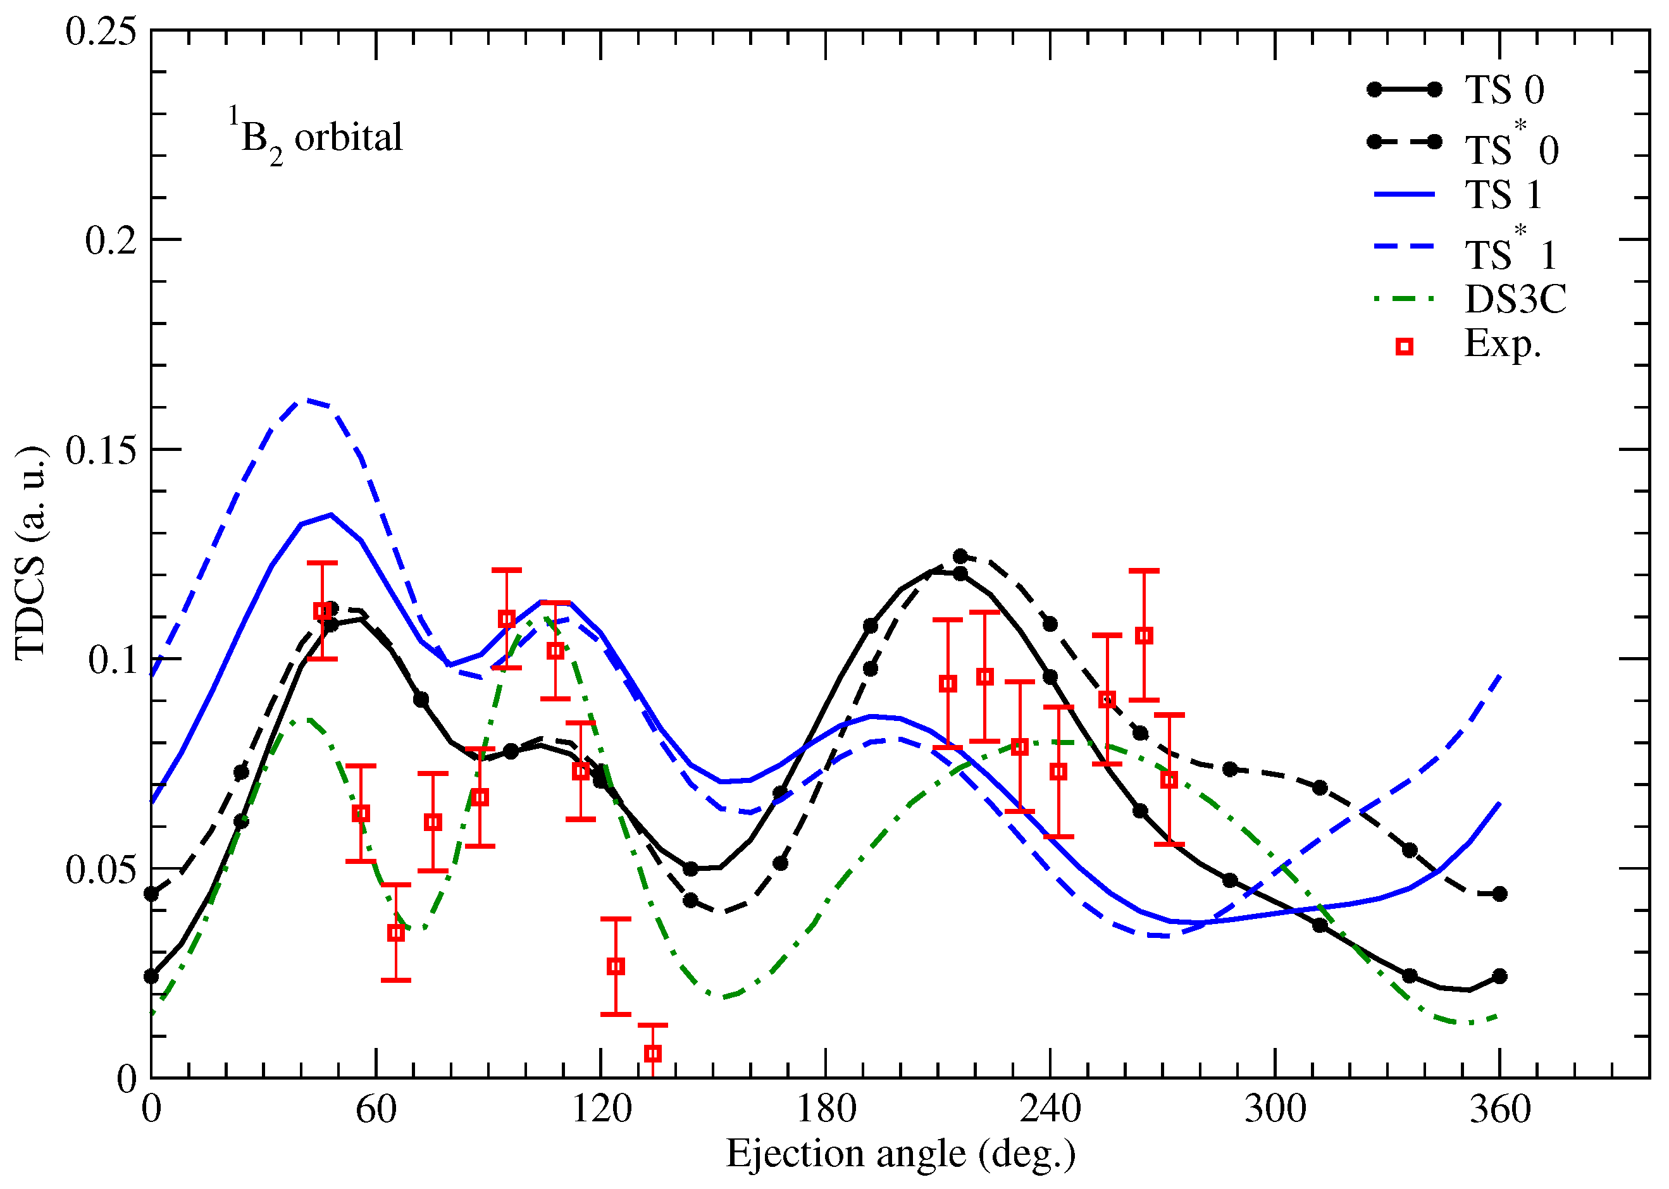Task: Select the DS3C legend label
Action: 1515,299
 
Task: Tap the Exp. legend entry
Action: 1502,344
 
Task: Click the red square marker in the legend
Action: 1403,347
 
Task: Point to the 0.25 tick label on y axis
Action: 101,32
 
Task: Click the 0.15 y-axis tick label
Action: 101,450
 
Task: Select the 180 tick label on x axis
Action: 826,1109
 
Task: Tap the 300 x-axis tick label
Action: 1275,1109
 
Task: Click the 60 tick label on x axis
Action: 376,1109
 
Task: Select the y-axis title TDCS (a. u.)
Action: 31,553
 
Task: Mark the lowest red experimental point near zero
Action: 652,1054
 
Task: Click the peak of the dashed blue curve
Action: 306,400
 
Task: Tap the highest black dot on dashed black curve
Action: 960,557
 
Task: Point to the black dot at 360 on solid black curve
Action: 1499,976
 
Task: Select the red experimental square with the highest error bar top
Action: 1144,636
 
